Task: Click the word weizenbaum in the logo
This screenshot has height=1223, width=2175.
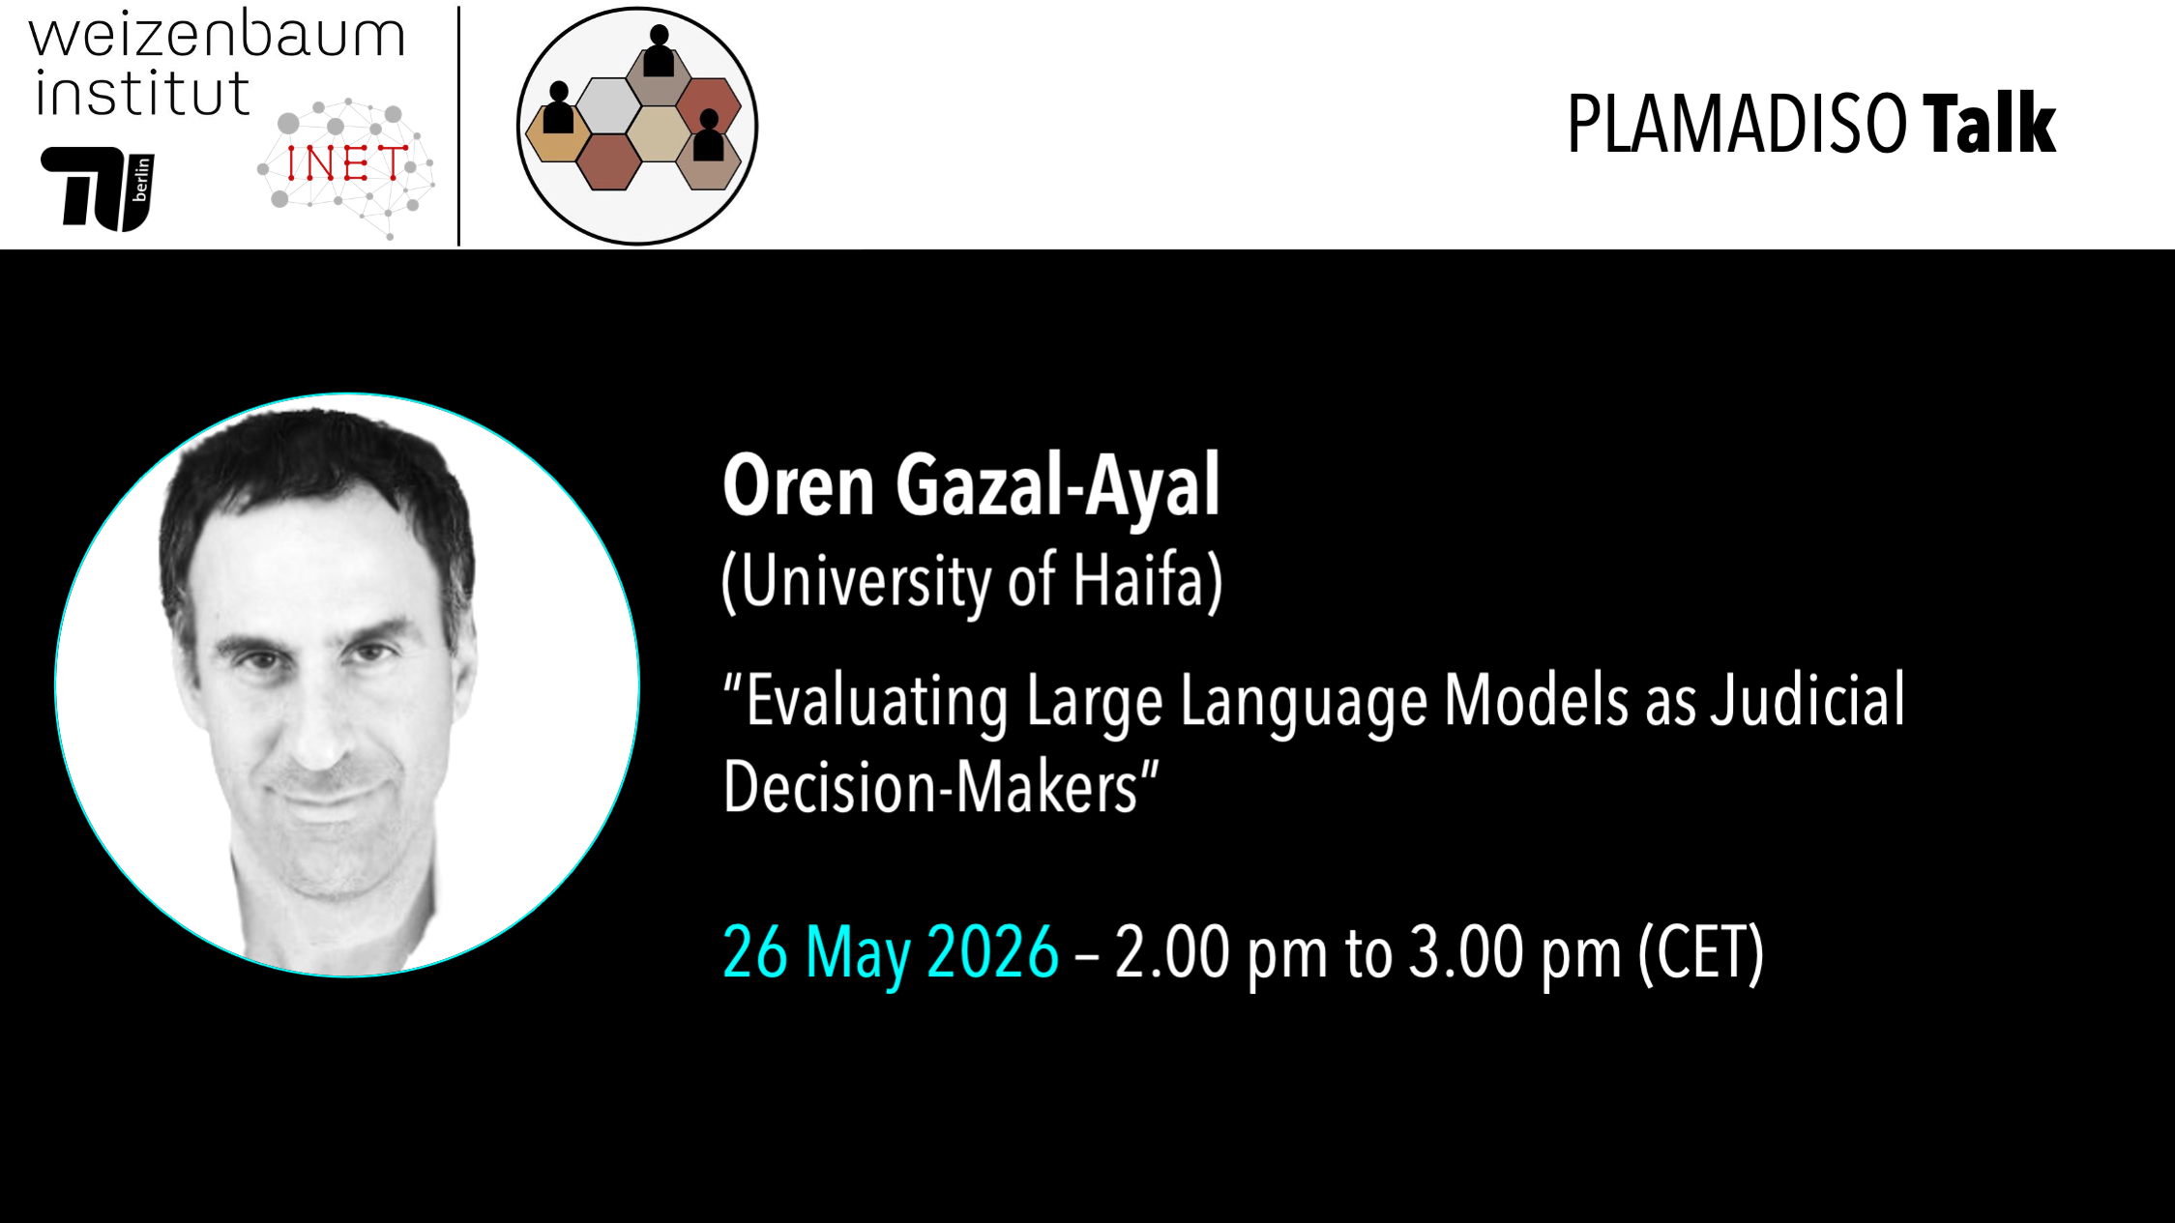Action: pos(217,36)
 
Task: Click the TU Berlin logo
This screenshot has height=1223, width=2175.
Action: pos(98,189)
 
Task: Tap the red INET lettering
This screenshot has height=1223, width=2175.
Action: pos(345,163)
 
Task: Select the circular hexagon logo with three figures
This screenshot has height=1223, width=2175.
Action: pos(637,126)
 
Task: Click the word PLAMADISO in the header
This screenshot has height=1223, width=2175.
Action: pos(1736,125)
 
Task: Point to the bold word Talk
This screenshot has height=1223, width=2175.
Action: pos(1988,125)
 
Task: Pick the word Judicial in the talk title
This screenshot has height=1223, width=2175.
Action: pos(1808,701)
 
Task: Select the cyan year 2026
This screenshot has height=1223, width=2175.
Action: pos(992,953)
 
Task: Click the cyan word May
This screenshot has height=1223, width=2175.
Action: pos(858,955)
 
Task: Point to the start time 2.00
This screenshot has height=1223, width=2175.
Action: pos(1170,953)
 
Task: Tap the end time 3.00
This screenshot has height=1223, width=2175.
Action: pos(1464,953)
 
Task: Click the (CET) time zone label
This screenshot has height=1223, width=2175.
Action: pos(1701,954)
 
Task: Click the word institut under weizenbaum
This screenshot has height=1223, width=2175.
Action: pos(143,94)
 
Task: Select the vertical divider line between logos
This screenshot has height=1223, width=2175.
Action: pos(458,126)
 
